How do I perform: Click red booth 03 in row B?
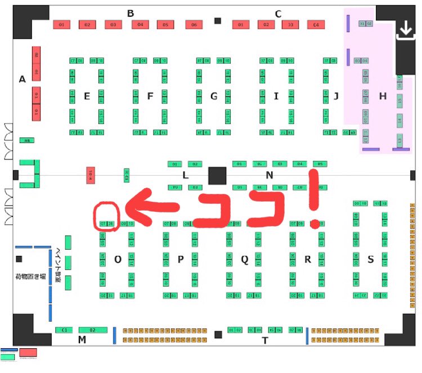pyautogui.click(x=114, y=25)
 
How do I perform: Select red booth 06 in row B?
pyautogui.click(x=194, y=25)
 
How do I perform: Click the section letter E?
pyautogui.click(x=87, y=96)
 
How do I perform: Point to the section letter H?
pyautogui.click(x=383, y=96)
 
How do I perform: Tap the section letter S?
pyautogui.click(x=370, y=259)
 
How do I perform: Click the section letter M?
pyautogui.click(x=82, y=339)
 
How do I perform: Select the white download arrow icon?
pyautogui.click(x=405, y=32)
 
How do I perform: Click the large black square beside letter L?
pyautogui.click(x=217, y=175)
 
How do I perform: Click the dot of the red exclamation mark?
pyautogui.click(x=314, y=224)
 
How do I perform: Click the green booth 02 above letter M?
pyautogui.click(x=93, y=330)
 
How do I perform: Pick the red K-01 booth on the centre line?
pyautogui.click(x=90, y=175)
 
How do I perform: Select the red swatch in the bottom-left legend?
pyautogui.click(x=28, y=352)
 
